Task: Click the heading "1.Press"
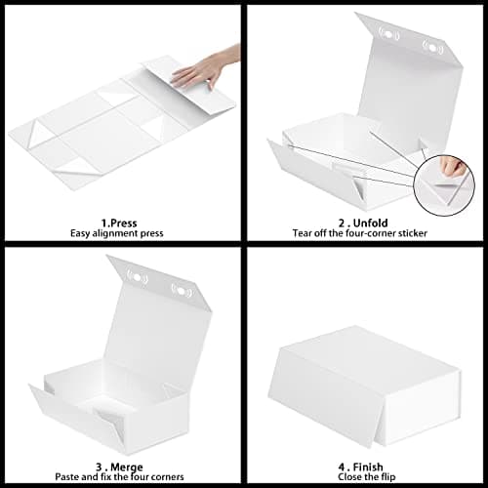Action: tap(116, 221)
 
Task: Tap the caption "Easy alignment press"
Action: tap(116, 233)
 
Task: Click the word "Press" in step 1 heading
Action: tap(124, 221)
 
